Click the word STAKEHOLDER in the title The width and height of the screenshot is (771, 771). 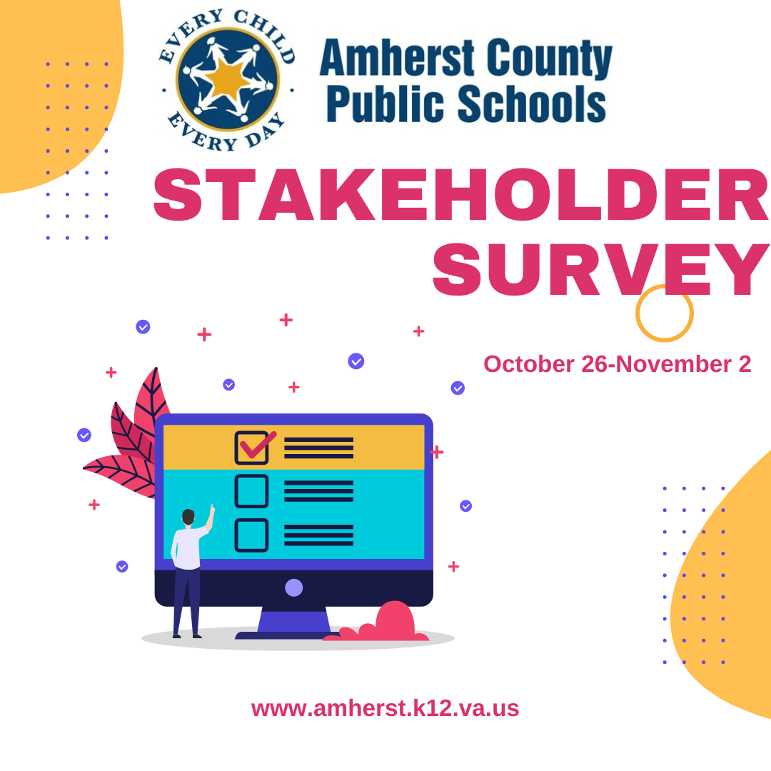coord(460,196)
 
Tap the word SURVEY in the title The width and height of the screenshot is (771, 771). coord(600,271)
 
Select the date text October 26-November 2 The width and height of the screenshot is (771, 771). coord(617,364)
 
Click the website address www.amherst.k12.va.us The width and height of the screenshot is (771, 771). coord(385,708)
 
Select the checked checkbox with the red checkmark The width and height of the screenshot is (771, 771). coord(252,448)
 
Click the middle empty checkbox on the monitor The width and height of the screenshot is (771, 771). coord(251,491)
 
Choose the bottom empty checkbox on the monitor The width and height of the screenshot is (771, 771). coord(251,535)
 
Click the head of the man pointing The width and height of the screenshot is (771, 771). coord(188,516)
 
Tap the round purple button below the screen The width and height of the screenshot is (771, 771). coord(293,588)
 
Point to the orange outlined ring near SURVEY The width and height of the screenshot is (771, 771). coord(664,313)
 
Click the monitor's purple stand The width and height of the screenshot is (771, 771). coord(293,621)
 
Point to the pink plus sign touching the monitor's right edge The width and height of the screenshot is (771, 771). coord(437,452)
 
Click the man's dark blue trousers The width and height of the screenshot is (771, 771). coord(186,600)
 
